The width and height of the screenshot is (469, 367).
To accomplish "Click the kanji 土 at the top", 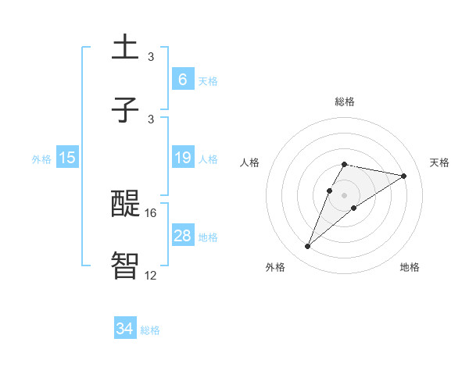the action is (125, 48).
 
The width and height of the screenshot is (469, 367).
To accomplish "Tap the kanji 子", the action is (125, 110).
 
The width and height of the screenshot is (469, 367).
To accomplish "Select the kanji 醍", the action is (125, 205).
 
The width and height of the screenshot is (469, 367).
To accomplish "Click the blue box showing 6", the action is (182, 79).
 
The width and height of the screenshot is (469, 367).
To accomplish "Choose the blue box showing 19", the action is (182, 158).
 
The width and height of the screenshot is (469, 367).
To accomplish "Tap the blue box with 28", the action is (182, 236).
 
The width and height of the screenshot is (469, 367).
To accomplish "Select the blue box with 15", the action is (67, 158).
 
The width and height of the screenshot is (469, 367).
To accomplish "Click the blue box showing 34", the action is (124, 329).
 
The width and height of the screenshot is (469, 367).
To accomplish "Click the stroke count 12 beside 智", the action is (150, 275).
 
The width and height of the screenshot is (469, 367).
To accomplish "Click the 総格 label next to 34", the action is (150, 330).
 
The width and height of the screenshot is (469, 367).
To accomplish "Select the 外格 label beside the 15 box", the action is (41, 159).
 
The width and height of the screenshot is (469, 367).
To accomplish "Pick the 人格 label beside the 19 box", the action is (208, 159).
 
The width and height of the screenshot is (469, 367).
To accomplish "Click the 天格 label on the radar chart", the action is (439, 162).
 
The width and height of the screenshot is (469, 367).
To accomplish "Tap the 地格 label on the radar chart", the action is (410, 267).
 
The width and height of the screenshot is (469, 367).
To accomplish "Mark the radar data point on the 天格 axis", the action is (403, 176).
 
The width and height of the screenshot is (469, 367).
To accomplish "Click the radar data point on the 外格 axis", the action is (308, 247).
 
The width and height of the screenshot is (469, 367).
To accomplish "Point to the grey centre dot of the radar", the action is (344, 194).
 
